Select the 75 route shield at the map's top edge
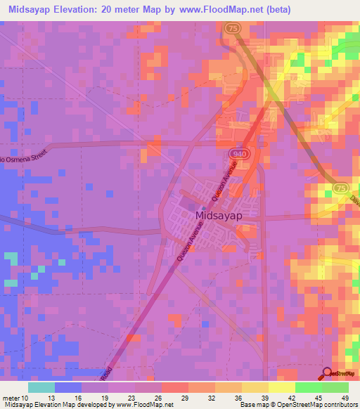pos(231,27)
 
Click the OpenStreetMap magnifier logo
pos(327,374)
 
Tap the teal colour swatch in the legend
pos(41,387)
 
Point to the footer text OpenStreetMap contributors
pos(309,405)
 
